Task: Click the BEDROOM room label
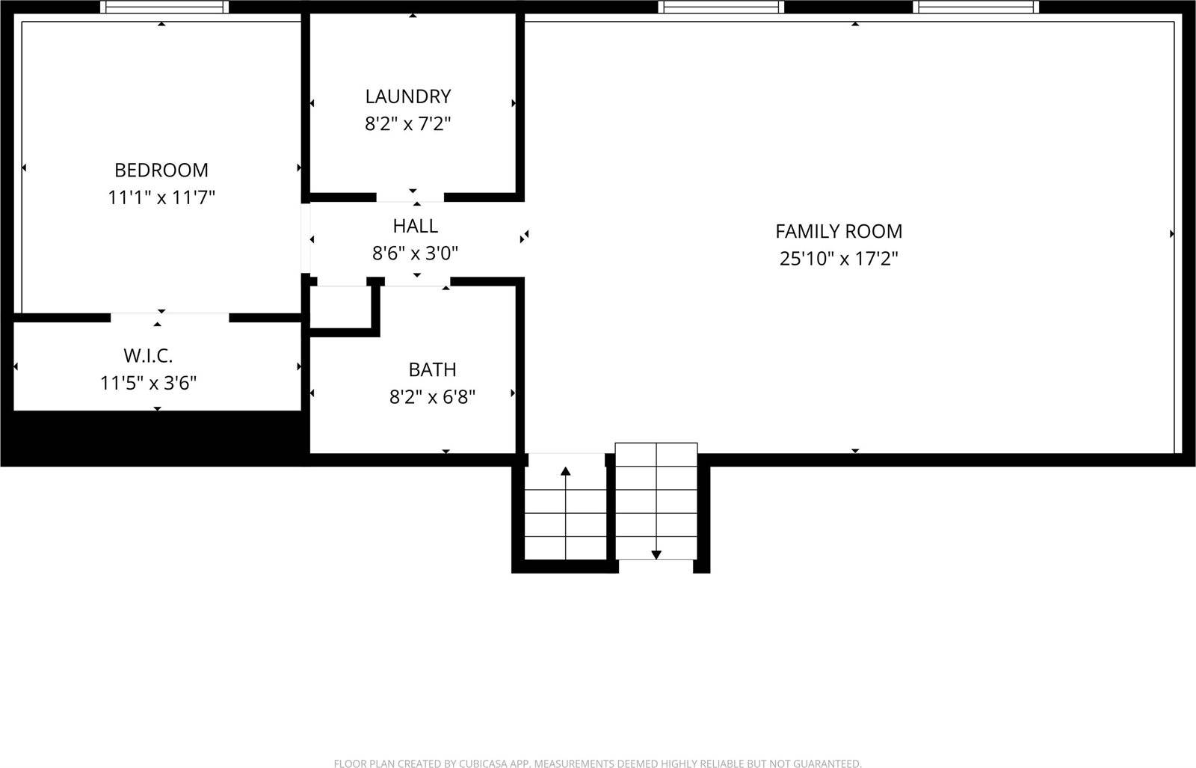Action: [x=161, y=170]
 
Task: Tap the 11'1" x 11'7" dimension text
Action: [x=161, y=197]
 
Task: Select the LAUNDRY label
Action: [x=408, y=96]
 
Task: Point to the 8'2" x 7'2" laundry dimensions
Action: [x=408, y=123]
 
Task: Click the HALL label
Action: [x=415, y=226]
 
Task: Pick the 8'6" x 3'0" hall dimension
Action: [x=415, y=254]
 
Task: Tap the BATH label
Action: [x=432, y=369]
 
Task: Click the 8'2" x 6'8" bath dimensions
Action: [x=432, y=397]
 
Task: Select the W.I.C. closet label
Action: [x=148, y=355]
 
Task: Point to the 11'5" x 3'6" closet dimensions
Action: [x=148, y=384]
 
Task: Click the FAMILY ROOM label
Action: [x=839, y=231]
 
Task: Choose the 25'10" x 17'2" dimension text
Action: [x=839, y=259]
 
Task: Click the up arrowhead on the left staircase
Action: [x=566, y=471]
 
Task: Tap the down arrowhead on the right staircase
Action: [x=656, y=555]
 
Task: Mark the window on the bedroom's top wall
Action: [x=164, y=7]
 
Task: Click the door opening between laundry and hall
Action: [x=410, y=197]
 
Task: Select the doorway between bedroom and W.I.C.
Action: [x=170, y=317]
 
